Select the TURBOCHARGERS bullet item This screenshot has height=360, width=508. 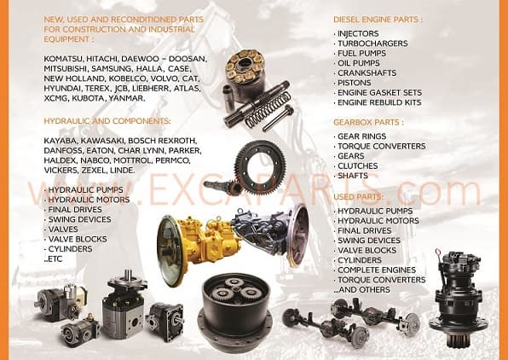click(x=373, y=44)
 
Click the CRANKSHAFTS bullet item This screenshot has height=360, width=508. click(x=367, y=73)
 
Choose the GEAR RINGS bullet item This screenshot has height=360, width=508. click(x=362, y=136)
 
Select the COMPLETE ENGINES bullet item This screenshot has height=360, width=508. click(x=376, y=270)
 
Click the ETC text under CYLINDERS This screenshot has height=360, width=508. click(x=54, y=258)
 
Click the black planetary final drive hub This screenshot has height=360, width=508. click(x=235, y=311)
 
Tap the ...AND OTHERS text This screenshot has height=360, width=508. click(x=362, y=290)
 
